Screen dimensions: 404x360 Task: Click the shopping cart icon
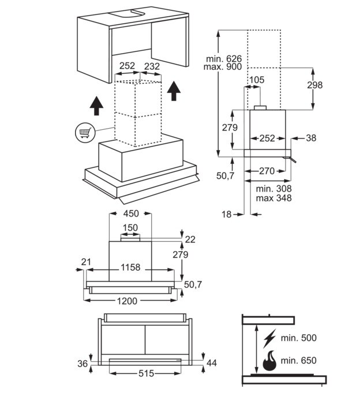(x=84, y=133)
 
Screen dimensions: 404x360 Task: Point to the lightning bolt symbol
(x=269, y=338)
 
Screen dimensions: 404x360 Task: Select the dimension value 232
(x=152, y=66)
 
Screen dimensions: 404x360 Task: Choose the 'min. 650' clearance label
(x=299, y=361)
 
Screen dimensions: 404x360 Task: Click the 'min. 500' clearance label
(x=299, y=338)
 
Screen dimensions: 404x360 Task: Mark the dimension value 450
(x=131, y=213)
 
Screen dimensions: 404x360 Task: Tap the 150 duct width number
(x=130, y=227)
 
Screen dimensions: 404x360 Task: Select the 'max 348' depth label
(x=274, y=198)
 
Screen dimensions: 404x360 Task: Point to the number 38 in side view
(x=311, y=138)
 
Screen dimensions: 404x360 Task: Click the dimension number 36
(x=83, y=363)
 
